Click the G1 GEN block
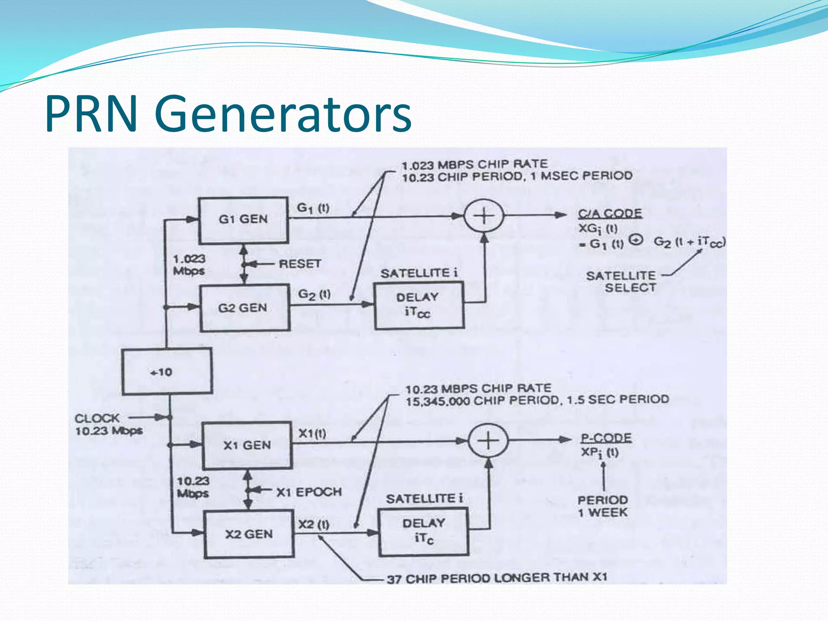coord(243,220)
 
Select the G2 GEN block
coord(244,308)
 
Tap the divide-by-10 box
coord(167,372)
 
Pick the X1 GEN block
coord(247,445)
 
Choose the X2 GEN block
coord(249,534)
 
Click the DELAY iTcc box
coord(419,305)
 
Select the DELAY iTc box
coord(423,531)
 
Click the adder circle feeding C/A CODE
coord(484,216)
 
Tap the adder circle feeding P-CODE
coord(488,440)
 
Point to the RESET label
coord(300,264)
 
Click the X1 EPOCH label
coord(309,492)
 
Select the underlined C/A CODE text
coord(610,213)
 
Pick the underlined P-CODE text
coord(606,438)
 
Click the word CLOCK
coord(97,418)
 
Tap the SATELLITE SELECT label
coord(622,282)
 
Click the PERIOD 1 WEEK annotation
coord(602,506)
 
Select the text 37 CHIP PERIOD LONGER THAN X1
coord(497,578)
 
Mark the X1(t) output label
coord(312,434)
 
